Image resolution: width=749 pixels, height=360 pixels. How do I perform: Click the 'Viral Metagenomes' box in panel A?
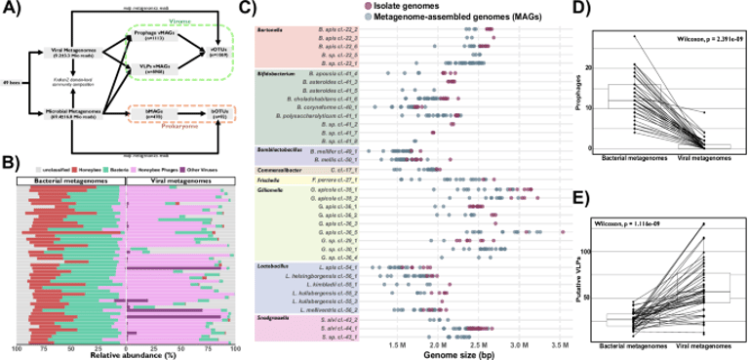point(67,52)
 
